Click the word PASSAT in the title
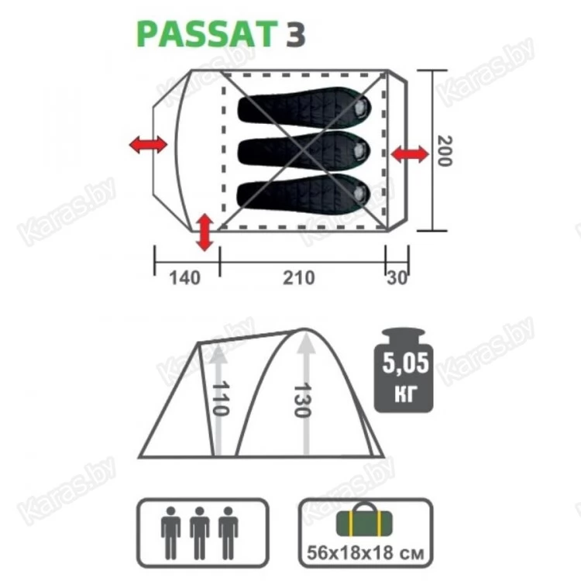pyautogui.click(x=207, y=34)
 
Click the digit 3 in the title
pyautogui.click(x=295, y=34)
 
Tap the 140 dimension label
pyautogui.click(x=185, y=277)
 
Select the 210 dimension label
pyautogui.click(x=299, y=277)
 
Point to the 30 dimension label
pyautogui.click(x=397, y=277)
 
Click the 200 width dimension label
pyautogui.click(x=445, y=151)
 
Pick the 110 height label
pyautogui.click(x=221, y=398)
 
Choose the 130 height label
pyautogui.click(x=301, y=401)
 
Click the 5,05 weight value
pyautogui.click(x=405, y=363)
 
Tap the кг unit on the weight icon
pyautogui.click(x=405, y=392)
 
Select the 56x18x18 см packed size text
pyautogui.click(x=365, y=553)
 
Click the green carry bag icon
pyautogui.click(x=364, y=520)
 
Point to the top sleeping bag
pyautogui.click(x=304, y=108)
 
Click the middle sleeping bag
pyautogui.click(x=304, y=150)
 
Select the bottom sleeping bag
pyautogui.click(x=304, y=193)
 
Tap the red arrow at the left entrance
pyautogui.click(x=148, y=144)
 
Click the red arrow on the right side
pyautogui.click(x=410, y=154)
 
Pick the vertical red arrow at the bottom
pyautogui.click(x=205, y=232)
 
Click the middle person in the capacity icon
pyautogui.click(x=199, y=533)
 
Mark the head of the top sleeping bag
pyautogui.click(x=360, y=108)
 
